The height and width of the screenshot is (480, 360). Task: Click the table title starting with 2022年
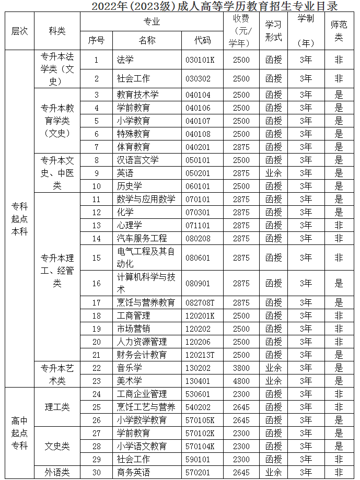pos(214,6)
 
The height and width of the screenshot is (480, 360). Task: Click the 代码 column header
pos(202,40)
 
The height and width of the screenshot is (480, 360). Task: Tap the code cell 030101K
pos(200,60)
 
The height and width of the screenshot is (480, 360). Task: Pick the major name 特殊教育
pos(133,134)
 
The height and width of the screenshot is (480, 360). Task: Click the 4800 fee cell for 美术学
pos(241,381)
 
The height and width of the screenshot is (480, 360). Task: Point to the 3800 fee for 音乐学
pos(241,368)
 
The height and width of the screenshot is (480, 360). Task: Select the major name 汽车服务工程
pos(142,238)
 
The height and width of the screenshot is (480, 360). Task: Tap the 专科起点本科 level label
pos(19,218)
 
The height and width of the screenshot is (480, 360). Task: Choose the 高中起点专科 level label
pos(19,432)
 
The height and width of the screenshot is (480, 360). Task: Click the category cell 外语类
pos(57,472)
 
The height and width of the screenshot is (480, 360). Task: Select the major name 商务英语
pos(133,472)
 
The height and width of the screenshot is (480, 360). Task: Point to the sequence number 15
pos(96,257)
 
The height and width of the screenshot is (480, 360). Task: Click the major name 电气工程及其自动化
pos(145,257)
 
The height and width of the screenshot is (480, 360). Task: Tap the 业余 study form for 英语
pos(273,173)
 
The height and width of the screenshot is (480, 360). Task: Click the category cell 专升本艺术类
pos(57,374)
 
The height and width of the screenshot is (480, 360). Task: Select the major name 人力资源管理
pos(142,342)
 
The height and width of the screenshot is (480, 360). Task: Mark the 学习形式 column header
pos(273,31)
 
